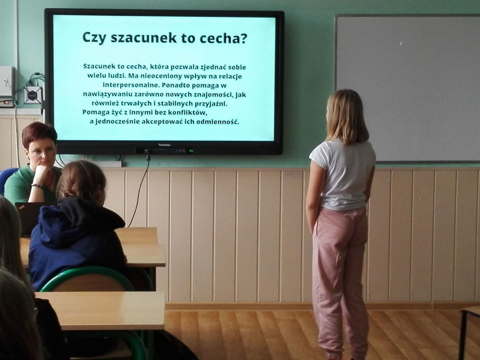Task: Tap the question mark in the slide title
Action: tap(244, 38)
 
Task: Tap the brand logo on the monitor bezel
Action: tap(164, 145)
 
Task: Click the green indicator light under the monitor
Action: tap(191, 151)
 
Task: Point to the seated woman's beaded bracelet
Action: tap(37, 186)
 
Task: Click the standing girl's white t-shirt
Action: tap(342, 175)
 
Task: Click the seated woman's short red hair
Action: tap(39, 134)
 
